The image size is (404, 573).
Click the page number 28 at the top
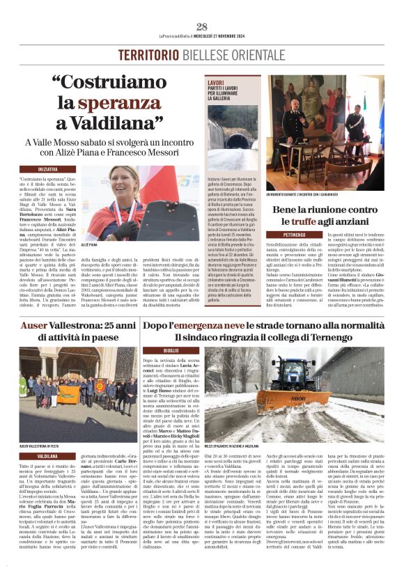tap(201, 26)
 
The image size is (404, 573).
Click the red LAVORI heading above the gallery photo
tap(216, 82)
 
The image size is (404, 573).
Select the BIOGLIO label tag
tap(171, 350)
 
